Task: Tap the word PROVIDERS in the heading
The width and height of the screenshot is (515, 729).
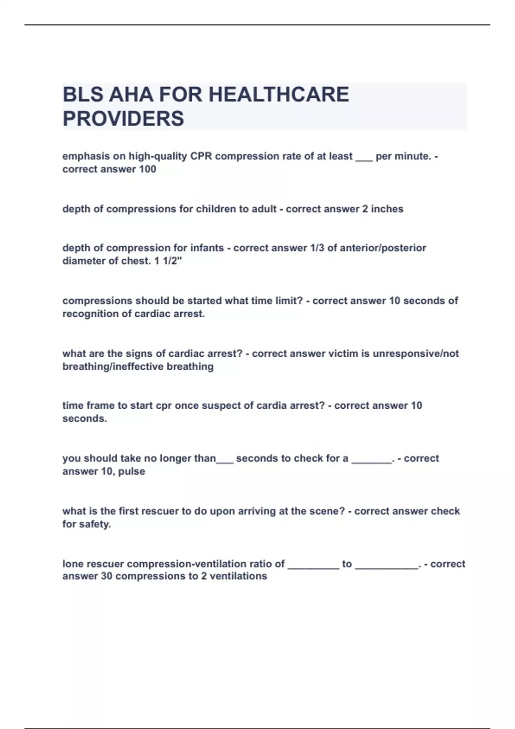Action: pos(123,119)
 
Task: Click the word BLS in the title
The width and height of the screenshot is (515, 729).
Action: pos(83,95)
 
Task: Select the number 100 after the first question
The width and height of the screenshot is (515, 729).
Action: pos(147,169)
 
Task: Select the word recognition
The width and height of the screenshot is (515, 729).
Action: pos(91,314)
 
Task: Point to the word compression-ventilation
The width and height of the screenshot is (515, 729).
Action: pos(206,564)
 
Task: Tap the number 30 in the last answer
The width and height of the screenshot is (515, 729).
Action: pos(106,576)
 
